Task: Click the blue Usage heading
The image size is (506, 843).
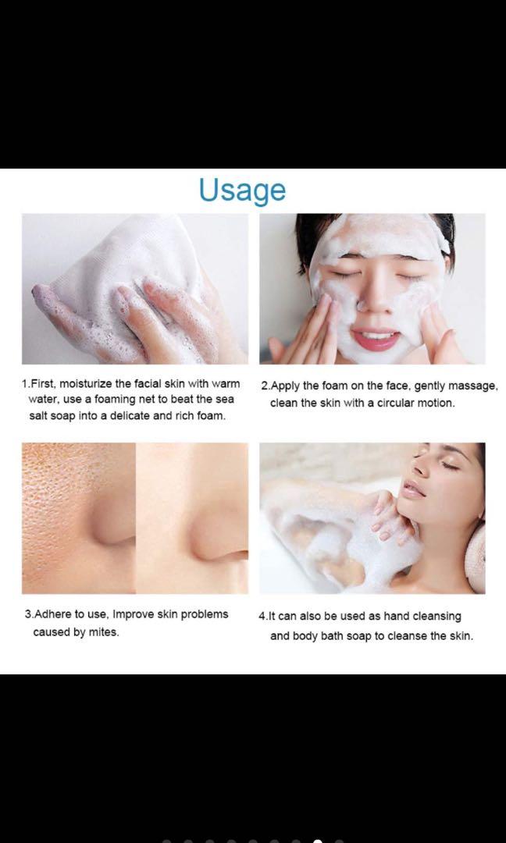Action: [242, 190]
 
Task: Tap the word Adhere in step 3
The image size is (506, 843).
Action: [54, 614]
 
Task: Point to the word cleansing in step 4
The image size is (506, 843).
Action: [436, 617]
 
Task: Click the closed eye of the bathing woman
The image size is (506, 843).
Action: [450, 465]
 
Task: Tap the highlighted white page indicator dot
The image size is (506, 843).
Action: [317, 841]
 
